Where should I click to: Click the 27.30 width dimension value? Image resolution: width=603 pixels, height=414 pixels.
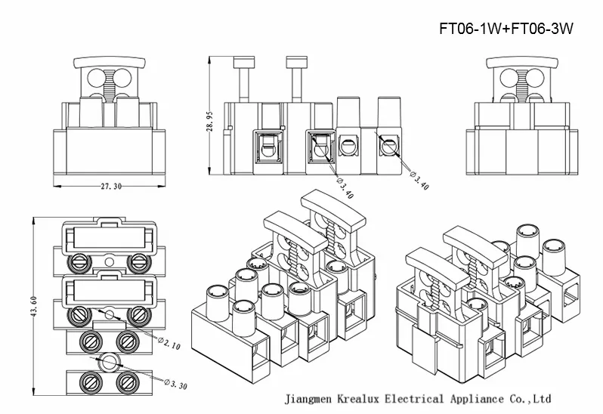click(110, 187)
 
